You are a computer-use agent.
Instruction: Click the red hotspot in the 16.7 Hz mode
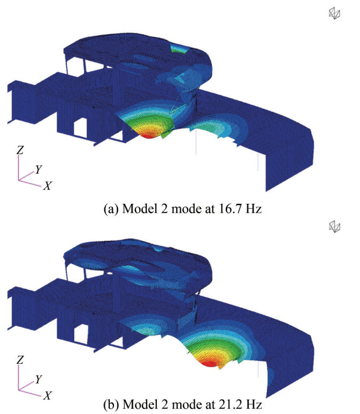(149, 135)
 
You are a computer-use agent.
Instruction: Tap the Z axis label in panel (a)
(20, 150)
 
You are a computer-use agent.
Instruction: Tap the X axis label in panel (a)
(48, 186)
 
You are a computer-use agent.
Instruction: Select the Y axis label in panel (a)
(39, 169)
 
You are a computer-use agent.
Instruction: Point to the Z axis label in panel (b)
(20, 359)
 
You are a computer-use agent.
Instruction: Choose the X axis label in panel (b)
(48, 395)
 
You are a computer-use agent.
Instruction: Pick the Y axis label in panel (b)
(39, 379)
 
